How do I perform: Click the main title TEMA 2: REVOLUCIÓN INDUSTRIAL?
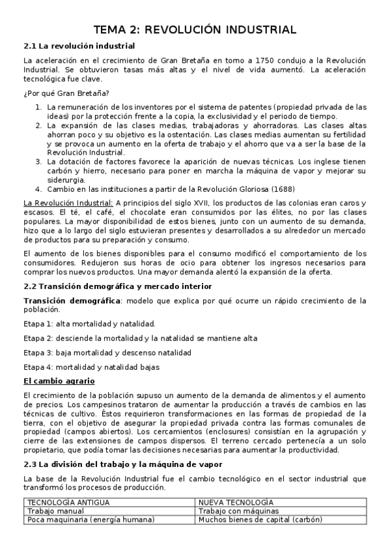point(195,29)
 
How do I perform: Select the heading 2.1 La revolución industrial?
point(79,46)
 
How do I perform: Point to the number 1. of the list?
point(39,106)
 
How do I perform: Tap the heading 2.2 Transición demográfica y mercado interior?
point(117,286)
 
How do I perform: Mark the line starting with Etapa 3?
point(107,352)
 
